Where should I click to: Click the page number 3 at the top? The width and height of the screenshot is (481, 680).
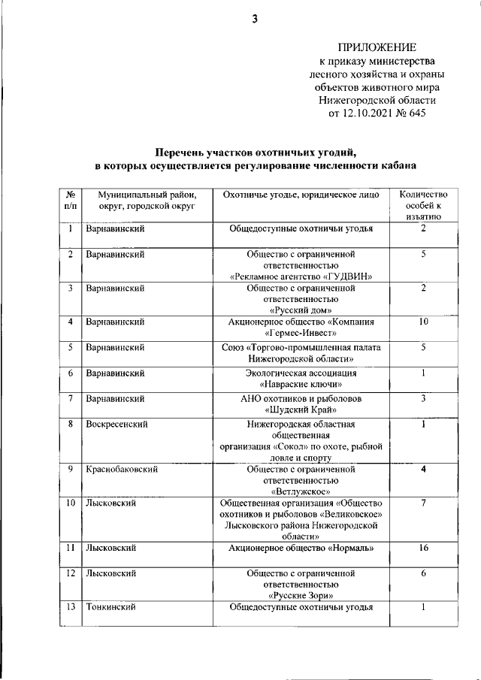pos(255,20)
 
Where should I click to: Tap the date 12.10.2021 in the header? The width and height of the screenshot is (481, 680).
pos(368,113)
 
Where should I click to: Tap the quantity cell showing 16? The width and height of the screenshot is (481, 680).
pos(425,549)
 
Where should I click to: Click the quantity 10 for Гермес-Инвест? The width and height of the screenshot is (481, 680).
pos(425,322)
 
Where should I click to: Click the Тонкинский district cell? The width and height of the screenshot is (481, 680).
pos(110,606)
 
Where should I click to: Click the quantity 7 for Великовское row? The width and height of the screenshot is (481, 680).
pos(425,502)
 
